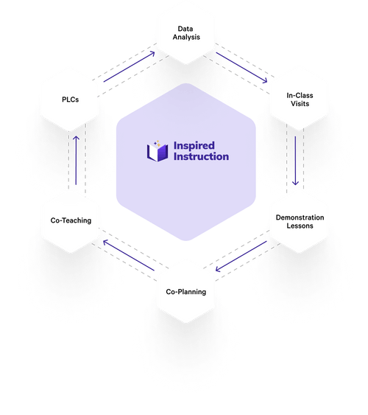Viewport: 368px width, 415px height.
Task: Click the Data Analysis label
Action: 186,33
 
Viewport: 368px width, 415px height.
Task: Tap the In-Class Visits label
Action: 300,100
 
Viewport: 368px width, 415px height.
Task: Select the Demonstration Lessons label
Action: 300,222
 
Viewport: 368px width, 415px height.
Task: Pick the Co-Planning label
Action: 186,292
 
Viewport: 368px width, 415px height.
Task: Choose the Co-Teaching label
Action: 71,220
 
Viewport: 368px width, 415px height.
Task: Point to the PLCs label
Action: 70,100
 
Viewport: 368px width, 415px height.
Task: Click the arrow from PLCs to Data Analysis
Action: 130,66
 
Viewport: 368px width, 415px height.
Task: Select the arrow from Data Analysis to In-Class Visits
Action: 241,68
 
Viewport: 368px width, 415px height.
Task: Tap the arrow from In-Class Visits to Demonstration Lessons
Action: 295,161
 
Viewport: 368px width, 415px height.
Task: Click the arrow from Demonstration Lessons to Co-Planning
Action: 241,257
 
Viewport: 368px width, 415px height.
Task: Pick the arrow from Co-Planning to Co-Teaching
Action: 129,255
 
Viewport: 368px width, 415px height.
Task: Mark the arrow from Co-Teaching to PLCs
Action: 76,161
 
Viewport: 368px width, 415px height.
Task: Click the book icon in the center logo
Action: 158,152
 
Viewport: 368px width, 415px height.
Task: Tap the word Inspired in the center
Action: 194,145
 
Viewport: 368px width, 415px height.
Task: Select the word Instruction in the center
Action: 202,156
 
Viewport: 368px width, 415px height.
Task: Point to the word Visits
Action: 300,103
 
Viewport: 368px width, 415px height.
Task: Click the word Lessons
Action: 300,226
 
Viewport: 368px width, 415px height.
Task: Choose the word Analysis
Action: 186,37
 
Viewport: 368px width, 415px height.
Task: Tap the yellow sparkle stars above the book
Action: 158,143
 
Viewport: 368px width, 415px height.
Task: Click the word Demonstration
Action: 300,217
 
